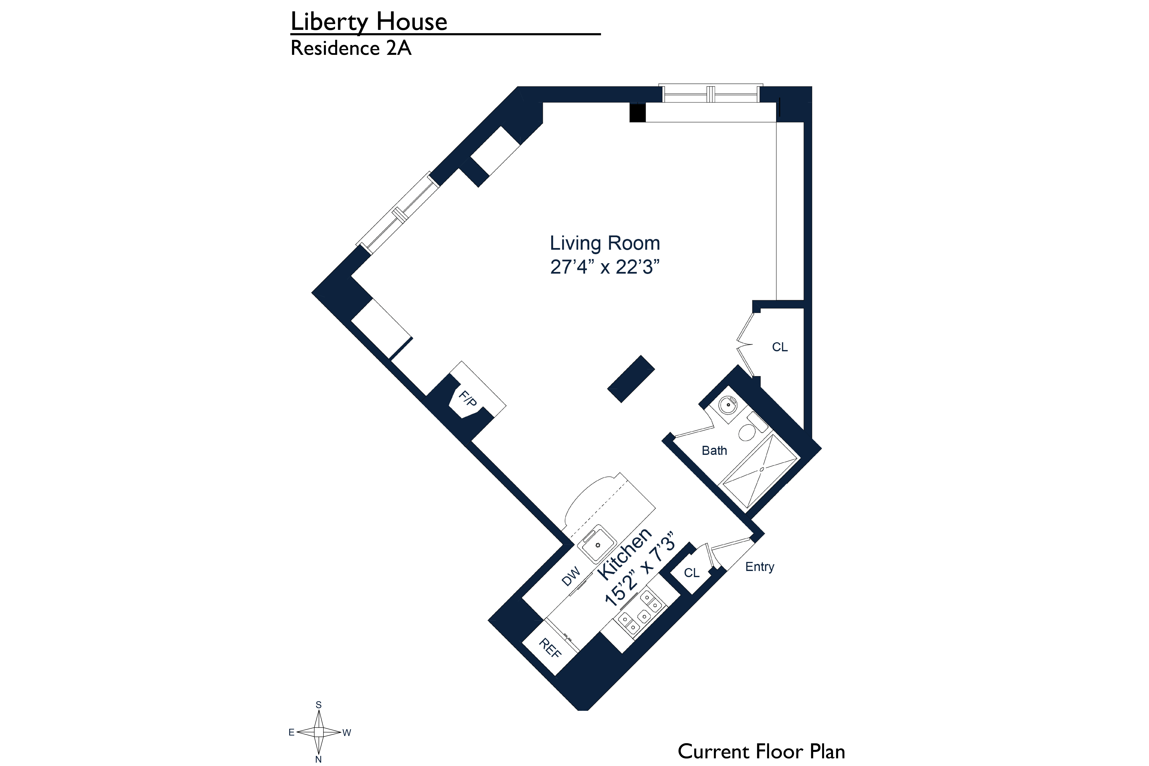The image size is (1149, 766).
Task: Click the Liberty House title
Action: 369,22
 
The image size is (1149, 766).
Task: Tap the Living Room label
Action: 605,243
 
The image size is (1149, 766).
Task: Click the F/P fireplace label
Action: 468,398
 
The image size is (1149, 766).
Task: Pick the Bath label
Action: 714,450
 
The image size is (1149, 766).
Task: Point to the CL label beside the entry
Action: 691,573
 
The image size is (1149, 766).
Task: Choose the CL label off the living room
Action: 780,347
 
